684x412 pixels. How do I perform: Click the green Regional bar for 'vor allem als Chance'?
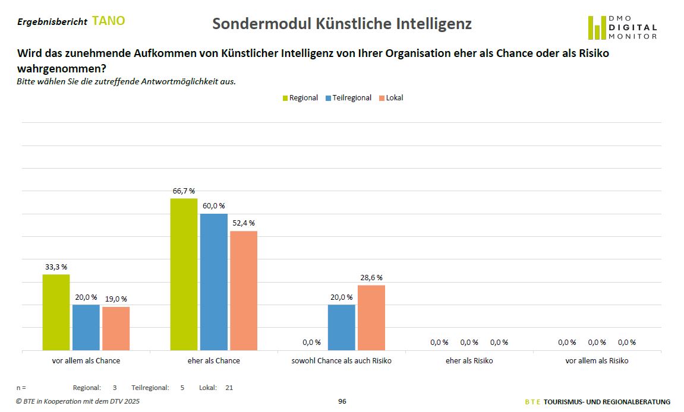56,312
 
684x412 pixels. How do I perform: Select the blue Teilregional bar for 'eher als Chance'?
214,282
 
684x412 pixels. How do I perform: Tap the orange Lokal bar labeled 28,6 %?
371,318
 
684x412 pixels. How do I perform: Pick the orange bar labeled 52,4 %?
244,290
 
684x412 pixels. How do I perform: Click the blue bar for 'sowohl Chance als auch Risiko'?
342,327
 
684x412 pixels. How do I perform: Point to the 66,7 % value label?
184,191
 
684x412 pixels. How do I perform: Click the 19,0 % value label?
116,299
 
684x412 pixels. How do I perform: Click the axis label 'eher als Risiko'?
469,361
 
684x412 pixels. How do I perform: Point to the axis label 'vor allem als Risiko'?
597,361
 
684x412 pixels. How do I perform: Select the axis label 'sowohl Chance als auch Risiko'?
341,361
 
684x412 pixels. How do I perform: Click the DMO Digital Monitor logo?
622,27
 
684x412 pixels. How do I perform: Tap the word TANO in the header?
109,21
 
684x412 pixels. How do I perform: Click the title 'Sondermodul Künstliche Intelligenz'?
342,24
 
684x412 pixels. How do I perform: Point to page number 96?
342,402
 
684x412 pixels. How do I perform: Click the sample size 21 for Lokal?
229,388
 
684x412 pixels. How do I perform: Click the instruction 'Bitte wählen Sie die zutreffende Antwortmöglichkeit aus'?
126,81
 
